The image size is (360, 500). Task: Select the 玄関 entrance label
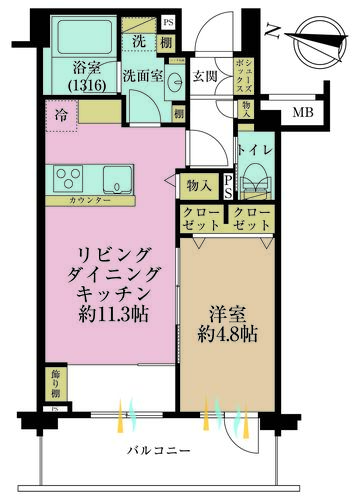point(205,75)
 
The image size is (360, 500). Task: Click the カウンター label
point(90,201)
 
